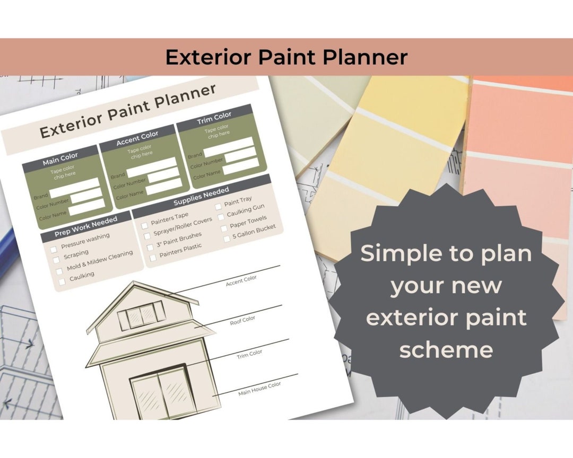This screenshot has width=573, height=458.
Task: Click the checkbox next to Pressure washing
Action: pos(54,249)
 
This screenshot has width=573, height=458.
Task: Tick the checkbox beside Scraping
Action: pos(56,260)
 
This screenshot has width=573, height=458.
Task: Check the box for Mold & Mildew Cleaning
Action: pos(59,271)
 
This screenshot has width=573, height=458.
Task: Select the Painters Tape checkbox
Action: pos(144,225)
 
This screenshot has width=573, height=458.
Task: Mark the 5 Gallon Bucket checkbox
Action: pos(227,239)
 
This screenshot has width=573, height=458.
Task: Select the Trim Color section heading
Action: pos(214,118)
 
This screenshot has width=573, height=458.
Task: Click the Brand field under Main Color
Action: pos(74,189)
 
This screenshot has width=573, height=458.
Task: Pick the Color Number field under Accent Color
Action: pos(164,176)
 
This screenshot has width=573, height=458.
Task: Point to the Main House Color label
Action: pos(259,389)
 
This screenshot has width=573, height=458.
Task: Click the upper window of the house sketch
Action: pos(141,316)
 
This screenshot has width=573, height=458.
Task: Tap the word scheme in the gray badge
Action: pos(446,349)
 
